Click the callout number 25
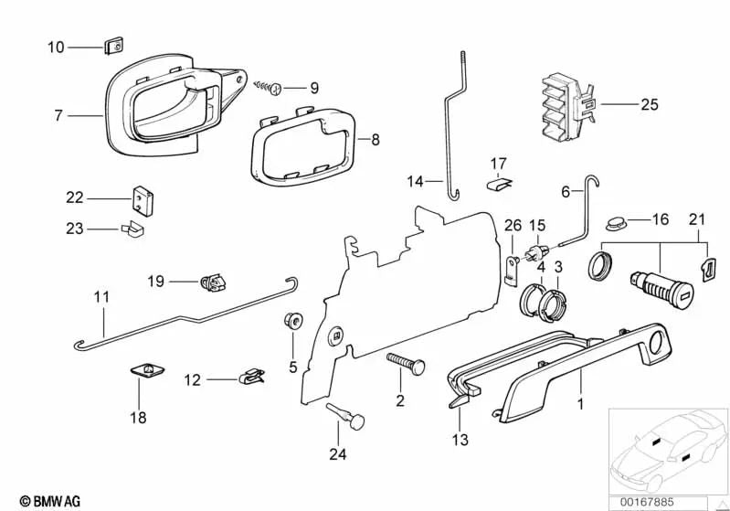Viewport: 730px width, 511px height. pos(649,105)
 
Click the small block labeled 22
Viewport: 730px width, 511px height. pos(141,197)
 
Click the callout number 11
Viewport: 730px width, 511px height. pos(101,296)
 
